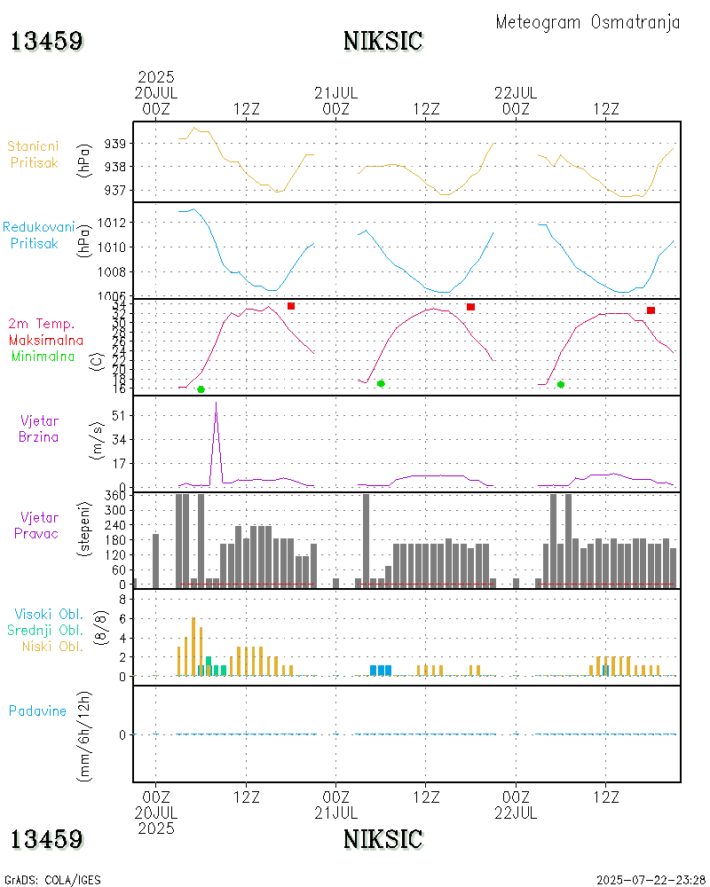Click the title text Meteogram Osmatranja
pyautogui.click(x=588, y=22)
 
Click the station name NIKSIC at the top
pyautogui.click(x=383, y=42)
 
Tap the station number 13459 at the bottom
pyautogui.click(x=47, y=839)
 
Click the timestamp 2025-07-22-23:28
pyautogui.click(x=651, y=880)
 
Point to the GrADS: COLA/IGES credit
pyautogui.click(x=52, y=880)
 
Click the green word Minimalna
pyautogui.click(x=43, y=357)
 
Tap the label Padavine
pyautogui.click(x=37, y=710)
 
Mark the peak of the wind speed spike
pyautogui.click(x=216, y=403)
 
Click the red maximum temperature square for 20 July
pyautogui.click(x=291, y=306)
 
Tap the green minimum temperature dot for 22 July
pyautogui.click(x=561, y=384)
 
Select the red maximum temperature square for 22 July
pyautogui.click(x=651, y=310)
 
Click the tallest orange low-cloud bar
pyautogui.click(x=193, y=646)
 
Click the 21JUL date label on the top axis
pyautogui.click(x=336, y=93)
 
